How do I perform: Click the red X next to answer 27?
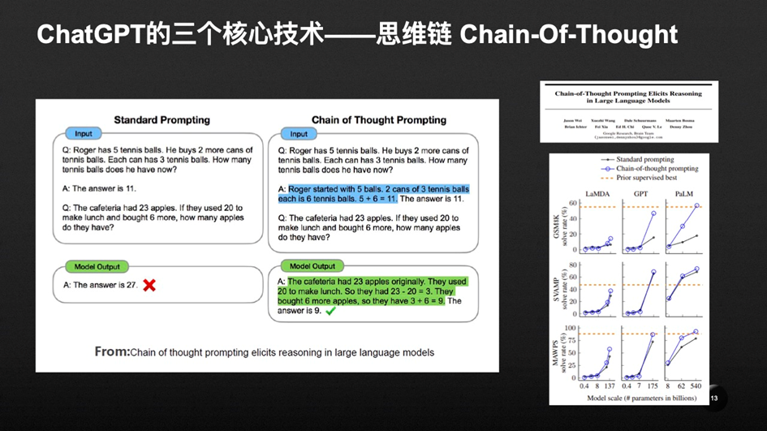pos(149,285)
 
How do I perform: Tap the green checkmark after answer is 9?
pos(330,311)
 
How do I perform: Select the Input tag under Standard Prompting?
pos(84,133)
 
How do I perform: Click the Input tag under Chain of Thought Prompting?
pos(299,134)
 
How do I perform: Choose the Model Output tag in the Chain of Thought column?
pos(312,266)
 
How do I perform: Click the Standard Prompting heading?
pos(162,120)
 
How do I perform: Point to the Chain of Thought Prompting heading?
pos(379,120)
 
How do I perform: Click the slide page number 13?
pos(714,399)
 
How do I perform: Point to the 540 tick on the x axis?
pos(696,386)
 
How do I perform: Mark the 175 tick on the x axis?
pos(653,386)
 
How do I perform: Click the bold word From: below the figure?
pos(112,351)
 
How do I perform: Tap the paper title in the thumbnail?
pos(629,97)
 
